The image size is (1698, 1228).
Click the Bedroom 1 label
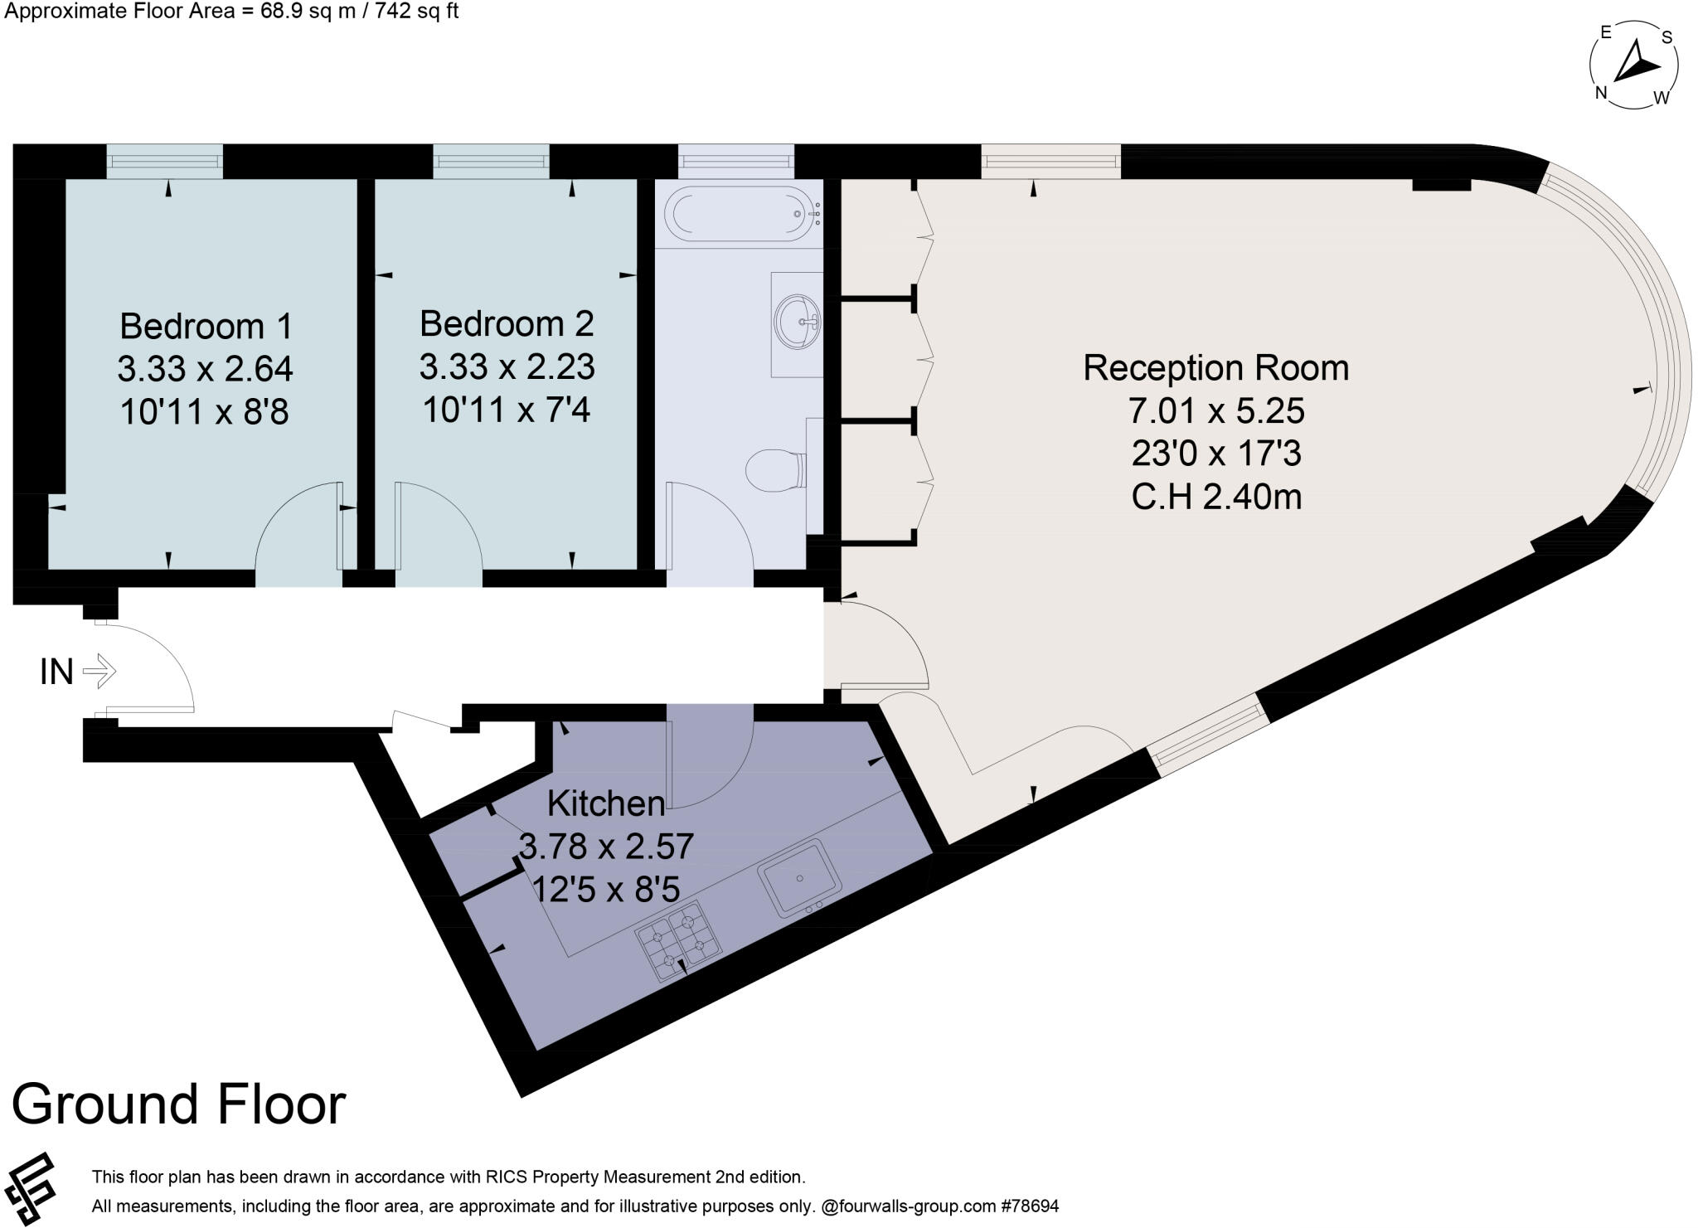pyautogui.click(x=206, y=326)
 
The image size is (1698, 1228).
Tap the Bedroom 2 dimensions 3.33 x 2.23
pyautogui.click(x=507, y=366)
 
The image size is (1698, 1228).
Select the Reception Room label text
pyautogui.click(x=1215, y=368)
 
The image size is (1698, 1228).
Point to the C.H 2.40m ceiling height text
pyautogui.click(x=1215, y=497)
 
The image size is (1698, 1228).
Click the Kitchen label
pyautogui.click(x=606, y=803)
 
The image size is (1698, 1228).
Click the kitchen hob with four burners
pyautogui.click(x=679, y=942)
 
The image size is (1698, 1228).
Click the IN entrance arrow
pyautogui.click(x=99, y=671)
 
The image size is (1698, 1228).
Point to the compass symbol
pyautogui.click(x=1633, y=66)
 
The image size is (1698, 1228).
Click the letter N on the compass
pyautogui.click(x=1601, y=93)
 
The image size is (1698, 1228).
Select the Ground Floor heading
pyautogui.click(x=178, y=1104)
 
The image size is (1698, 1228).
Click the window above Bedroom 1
pyautogui.click(x=164, y=161)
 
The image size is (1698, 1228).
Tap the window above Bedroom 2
pyautogui.click(x=491, y=161)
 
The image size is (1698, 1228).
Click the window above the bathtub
pyautogui.click(x=735, y=161)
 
